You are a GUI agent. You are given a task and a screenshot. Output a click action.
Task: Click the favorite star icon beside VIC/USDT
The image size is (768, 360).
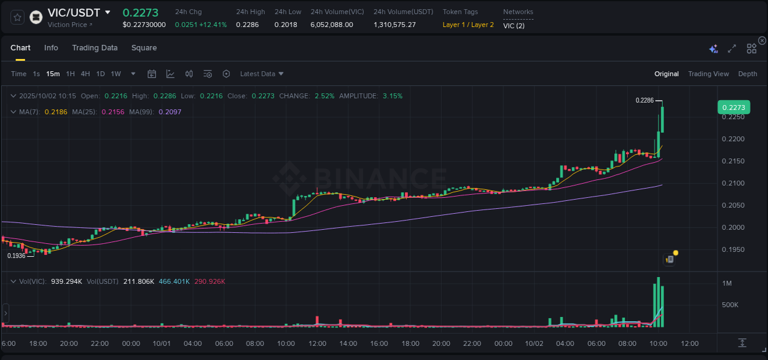point(17,17)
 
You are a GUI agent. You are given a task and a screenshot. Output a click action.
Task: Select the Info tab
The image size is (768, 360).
point(51,48)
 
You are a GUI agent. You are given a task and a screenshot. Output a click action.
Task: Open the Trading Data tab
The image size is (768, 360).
point(95,48)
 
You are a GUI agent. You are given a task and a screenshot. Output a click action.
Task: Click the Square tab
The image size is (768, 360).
point(144,48)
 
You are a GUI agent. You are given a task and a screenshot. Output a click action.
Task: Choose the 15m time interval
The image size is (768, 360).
point(53,74)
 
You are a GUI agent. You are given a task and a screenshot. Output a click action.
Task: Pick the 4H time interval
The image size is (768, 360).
point(85,74)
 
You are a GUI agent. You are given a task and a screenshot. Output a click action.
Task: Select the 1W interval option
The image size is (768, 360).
point(116,74)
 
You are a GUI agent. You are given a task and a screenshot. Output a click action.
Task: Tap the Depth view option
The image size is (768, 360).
point(747,74)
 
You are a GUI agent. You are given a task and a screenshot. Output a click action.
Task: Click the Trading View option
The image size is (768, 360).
point(708,74)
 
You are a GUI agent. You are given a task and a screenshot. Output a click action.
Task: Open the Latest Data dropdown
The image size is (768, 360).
point(262,74)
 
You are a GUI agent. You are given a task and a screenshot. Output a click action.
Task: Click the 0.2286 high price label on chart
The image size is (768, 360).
point(644,100)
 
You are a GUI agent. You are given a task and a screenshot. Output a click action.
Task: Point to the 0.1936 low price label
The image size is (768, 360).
point(17,256)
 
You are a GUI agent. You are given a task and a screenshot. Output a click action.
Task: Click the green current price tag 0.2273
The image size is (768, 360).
point(733,108)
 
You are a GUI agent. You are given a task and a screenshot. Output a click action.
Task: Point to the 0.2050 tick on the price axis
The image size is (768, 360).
point(733,205)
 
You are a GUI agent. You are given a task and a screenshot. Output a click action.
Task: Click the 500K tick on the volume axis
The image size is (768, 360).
point(730,305)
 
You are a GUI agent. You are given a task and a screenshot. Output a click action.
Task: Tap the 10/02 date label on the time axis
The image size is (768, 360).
point(534,343)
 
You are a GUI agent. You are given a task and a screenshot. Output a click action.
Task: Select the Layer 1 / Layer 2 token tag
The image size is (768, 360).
point(468,25)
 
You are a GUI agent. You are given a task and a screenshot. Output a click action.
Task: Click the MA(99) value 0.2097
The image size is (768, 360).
point(170,112)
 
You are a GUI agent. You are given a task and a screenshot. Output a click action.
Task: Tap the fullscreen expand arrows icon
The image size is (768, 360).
point(732,49)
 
